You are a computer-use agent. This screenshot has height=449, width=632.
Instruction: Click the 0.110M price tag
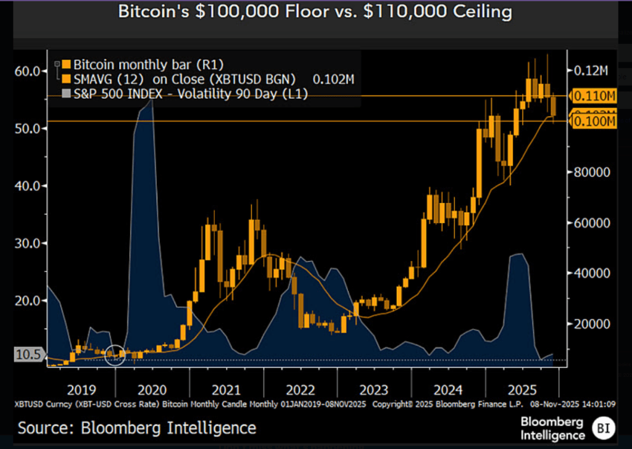click(x=594, y=96)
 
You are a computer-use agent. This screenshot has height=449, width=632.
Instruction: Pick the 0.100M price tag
click(x=594, y=122)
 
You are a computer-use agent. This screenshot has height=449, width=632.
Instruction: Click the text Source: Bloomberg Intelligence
click(x=136, y=427)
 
